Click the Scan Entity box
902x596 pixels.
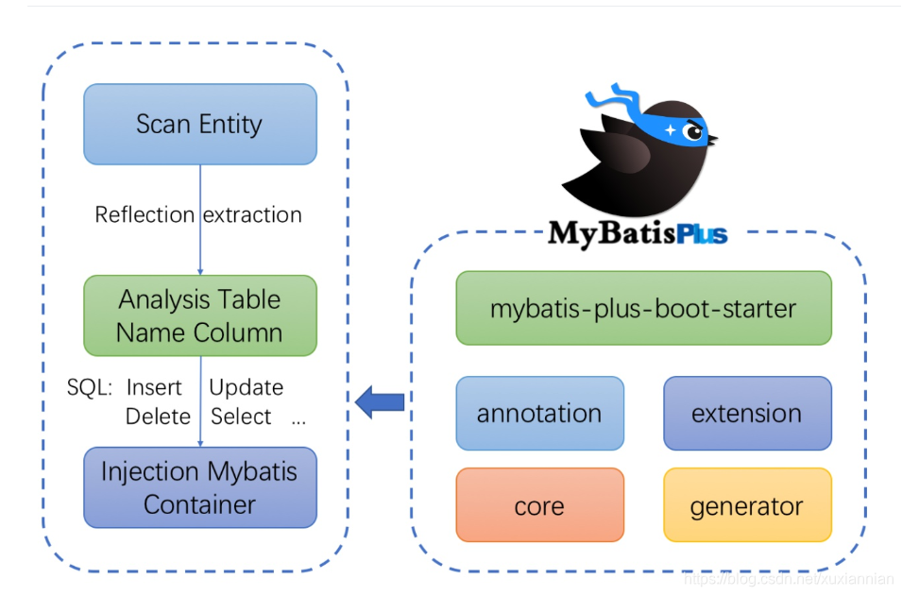pos(200,125)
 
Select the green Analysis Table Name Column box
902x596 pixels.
pos(200,315)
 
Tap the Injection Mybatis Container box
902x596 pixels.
pos(200,487)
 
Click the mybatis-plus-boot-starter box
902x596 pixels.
pos(644,308)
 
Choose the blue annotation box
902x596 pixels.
pos(540,414)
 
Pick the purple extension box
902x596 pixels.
pos(748,414)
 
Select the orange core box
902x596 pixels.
pos(540,505)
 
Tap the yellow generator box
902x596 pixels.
pos(748,505)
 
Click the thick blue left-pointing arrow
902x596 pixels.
pos(380,402)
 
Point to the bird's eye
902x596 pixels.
pos(694,132)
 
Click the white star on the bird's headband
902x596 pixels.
pos(671,130)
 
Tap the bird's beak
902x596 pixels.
pos(712,139)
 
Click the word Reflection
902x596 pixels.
pos(145,215)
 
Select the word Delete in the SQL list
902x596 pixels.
pos(158,417)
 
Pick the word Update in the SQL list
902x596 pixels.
pos(247,388)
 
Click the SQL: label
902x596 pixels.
pos(90,387)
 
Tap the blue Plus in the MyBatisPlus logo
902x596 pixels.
pos(703,235)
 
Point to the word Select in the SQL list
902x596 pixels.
pos(241,417)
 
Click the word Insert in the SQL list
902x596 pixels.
pos(154,387)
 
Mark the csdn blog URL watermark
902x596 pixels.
pos(789,579)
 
